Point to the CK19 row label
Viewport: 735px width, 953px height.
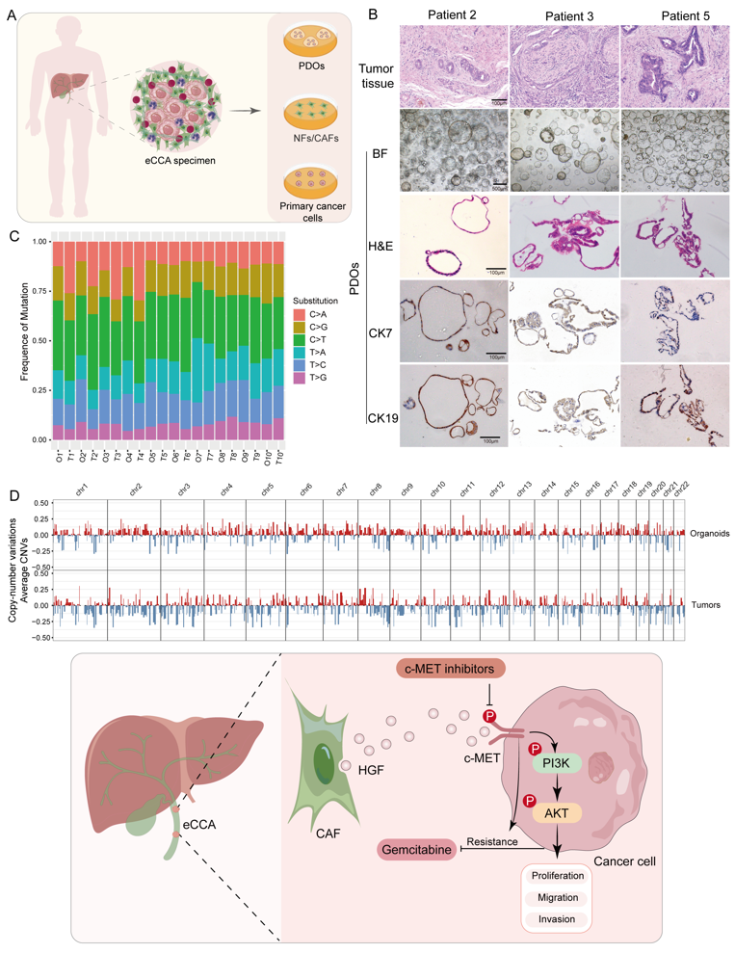383,417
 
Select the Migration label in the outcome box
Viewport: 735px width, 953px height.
557,897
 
